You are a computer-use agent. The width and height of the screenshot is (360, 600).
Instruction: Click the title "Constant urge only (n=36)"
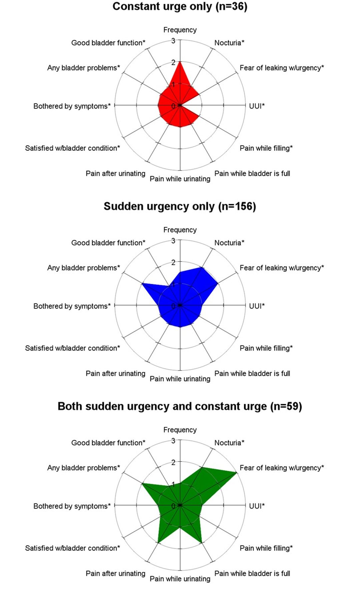coord(180,7)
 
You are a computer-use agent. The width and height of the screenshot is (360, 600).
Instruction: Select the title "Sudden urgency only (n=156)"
coord(180,206)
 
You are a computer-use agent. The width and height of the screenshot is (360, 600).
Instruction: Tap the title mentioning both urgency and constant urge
coord(180,406)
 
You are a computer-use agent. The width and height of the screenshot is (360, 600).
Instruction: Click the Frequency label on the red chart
coord(180,30)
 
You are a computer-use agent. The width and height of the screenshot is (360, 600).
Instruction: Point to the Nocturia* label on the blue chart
coord(229,243)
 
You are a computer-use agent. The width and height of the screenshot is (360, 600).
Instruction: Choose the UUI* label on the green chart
coord(257,506)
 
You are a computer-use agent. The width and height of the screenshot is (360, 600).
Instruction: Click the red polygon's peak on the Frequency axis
coord(180,62)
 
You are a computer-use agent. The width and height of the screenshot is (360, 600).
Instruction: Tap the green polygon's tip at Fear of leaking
coord(237,473)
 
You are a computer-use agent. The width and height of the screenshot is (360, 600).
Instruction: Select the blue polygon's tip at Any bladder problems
coord(142,284)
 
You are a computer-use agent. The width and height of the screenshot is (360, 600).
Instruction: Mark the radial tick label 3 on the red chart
coord(173,41)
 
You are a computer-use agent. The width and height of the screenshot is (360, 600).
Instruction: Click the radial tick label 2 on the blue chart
coord(173,262)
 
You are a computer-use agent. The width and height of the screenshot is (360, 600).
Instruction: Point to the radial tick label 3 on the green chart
coord(173,441)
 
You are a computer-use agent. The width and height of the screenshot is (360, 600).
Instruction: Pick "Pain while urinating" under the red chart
coord(180,179)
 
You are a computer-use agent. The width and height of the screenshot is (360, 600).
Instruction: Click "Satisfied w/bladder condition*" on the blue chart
coord(72,348)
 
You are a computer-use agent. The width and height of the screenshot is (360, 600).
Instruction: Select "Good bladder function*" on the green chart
coord(108,443)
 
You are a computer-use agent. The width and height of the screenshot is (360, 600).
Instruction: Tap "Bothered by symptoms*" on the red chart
coord(72,106)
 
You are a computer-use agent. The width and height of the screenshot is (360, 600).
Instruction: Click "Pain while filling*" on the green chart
coord(266,548)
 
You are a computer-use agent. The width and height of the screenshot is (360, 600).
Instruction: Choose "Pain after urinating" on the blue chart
coord(115,373)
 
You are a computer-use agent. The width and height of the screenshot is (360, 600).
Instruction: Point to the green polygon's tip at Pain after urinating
coord(158,543)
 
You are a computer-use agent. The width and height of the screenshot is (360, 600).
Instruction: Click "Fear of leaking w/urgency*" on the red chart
coord(282,68)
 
